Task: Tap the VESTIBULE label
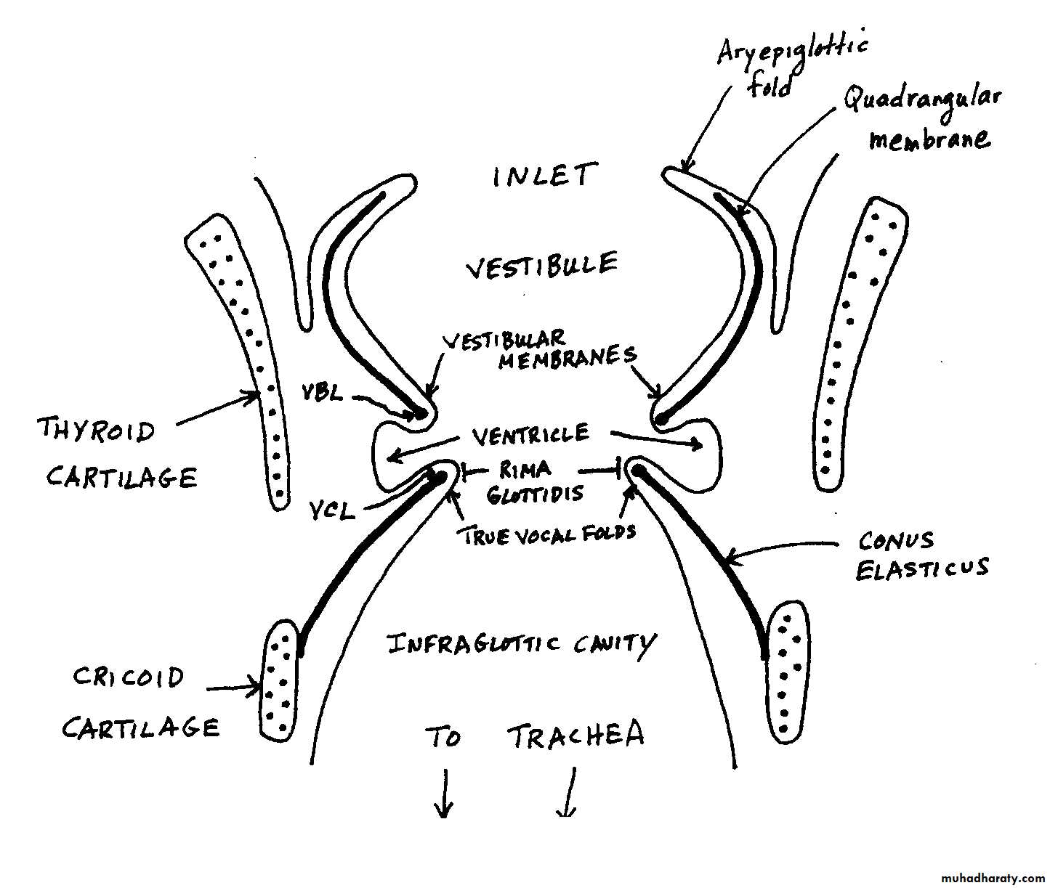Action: click(541, 266)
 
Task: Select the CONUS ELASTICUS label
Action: click(921, 555)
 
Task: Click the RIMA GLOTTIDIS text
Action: click(535, 481)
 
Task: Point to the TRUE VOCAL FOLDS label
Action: click(546, 534)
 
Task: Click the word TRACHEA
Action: click(576, 736)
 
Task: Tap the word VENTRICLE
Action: click(530, 436)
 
